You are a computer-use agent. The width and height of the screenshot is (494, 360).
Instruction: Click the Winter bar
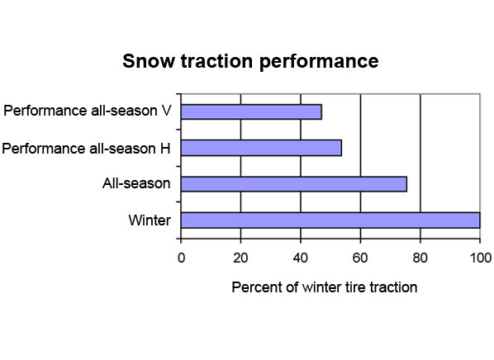pyautogui.click(x=330, y=220)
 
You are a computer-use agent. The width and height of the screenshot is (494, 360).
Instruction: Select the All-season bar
pyautogui.click(x=294, y=184)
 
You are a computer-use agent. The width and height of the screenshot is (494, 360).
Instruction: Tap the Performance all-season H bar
pyautogui.click(x=262, y=148)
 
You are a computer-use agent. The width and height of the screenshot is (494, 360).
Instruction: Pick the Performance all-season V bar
pyautogui.click(x=251, y=111)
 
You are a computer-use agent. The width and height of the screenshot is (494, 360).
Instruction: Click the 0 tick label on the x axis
pyautogui.click(x=181, y=258)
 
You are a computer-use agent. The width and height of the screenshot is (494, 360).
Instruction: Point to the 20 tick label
pyautogui.click(x=240, y=258)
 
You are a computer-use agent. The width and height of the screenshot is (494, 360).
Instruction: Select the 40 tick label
pyautogui.click(x=300, y=258)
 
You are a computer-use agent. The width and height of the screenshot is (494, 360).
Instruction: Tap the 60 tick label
pyautogui.click(x=360, y=258)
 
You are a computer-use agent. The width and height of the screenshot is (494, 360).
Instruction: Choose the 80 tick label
pyautogui.click(x=420, y=258)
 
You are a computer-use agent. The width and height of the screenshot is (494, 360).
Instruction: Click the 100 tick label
pyautogui.click(x=481, y=258)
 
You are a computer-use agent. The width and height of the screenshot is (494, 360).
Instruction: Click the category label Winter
pyautogui.click(x=150, y=220)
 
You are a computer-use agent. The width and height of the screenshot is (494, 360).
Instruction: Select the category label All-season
pyautogui.click(x=136, y=183)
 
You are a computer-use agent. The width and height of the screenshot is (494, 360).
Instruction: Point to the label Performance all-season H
pyautogui.click(x=86, y=149)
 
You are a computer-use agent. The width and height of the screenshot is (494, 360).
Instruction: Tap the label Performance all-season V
pyautogui.click(x=88, y=111)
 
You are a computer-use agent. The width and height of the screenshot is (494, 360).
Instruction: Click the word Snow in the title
pyautogui.click(x=148, y=61)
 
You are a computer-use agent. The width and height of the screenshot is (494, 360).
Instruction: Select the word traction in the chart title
pyautogui.click(x=216, y=61)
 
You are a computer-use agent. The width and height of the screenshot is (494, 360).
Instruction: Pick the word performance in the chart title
pyautogui.click(x=319, y=62)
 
